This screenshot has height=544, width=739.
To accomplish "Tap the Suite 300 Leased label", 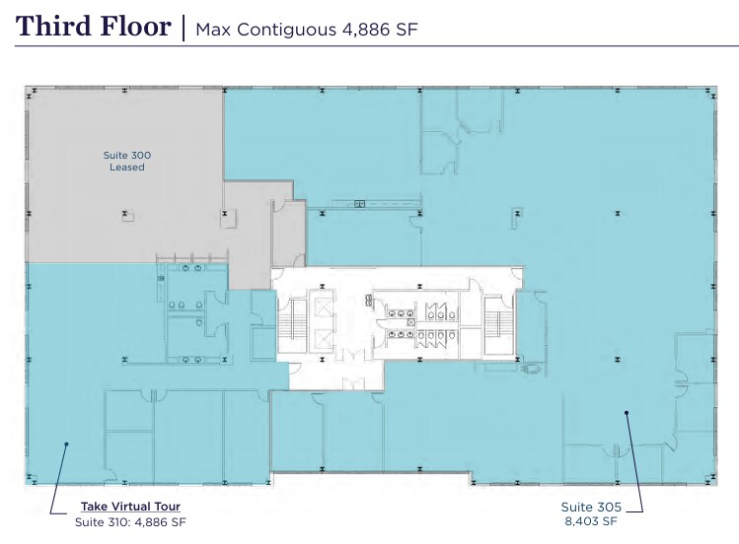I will (126, 161).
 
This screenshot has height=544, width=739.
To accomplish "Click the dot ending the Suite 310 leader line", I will (66, 444).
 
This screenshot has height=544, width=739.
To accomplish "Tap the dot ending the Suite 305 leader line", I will (626, 414).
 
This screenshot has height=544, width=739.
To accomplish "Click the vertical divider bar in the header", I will (183, 27).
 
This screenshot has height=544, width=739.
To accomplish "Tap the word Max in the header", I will (213, 28).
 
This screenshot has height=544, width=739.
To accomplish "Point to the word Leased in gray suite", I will (126, 168).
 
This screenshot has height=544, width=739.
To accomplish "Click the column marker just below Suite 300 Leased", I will (125, 212).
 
